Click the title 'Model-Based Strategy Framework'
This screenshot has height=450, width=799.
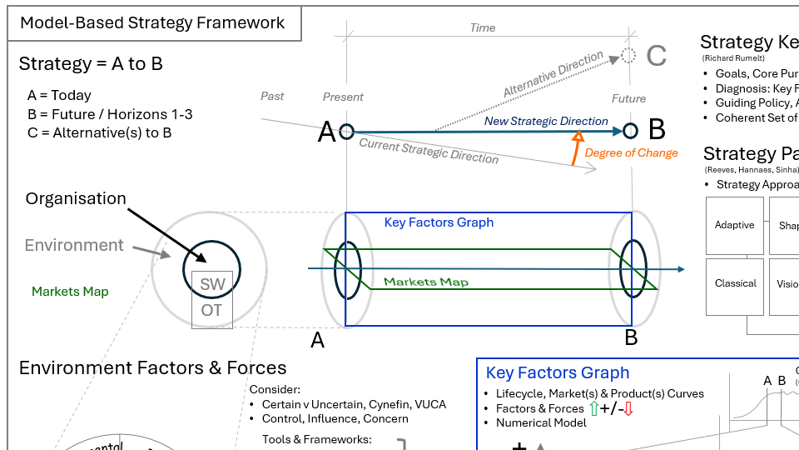click(x=152, y=22)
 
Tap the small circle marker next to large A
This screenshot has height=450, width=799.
click(x=346, y=131)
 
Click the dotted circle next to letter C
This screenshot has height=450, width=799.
click(x=628, y=56)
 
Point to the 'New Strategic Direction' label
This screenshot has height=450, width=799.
click(x=546, y=121)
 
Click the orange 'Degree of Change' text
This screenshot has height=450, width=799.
click(x=631, y=152)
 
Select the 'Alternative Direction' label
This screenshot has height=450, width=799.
click(x=553, y=75)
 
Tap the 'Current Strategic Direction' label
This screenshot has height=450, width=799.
click(x=429, y=151)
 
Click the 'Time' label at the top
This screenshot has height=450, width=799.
click(x=483, y=27)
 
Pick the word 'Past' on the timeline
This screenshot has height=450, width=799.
click(x=272, y=96)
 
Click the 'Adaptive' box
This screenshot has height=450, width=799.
click(x=734, y=225)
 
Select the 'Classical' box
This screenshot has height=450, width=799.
click(x=735, y=283)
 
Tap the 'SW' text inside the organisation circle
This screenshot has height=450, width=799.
click(x=212, y=284)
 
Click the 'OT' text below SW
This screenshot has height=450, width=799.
click(x=212, y=311)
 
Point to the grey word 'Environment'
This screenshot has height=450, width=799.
click(x=74, y=245)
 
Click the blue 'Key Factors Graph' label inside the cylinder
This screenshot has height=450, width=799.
click(x=439, y=222)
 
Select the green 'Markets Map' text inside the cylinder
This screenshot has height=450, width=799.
click(x=425, y=282)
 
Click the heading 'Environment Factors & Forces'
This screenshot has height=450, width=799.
click(x=152, y=368)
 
